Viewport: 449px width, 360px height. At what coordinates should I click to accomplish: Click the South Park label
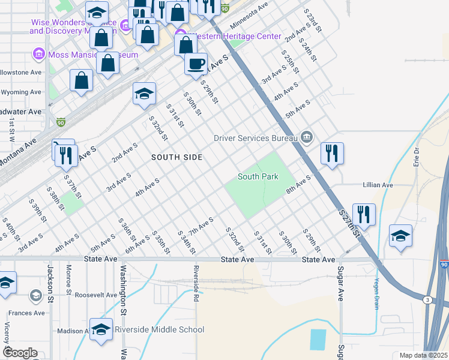click(258, 176)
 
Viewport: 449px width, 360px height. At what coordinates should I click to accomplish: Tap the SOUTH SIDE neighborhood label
click(176, 157)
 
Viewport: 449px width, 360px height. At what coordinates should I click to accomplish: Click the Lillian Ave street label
click(378, 185)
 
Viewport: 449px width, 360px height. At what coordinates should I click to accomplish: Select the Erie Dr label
click(415, 158)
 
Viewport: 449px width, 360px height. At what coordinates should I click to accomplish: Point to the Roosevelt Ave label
click(96, 295)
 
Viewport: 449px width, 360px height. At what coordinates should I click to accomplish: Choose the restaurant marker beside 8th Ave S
click(332, 154)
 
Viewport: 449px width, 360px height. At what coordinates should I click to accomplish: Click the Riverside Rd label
click(195, 283)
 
